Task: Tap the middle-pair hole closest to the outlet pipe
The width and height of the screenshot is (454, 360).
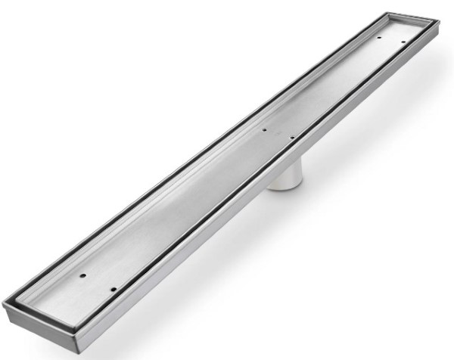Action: pyautogui.click(x=291, y=138)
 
